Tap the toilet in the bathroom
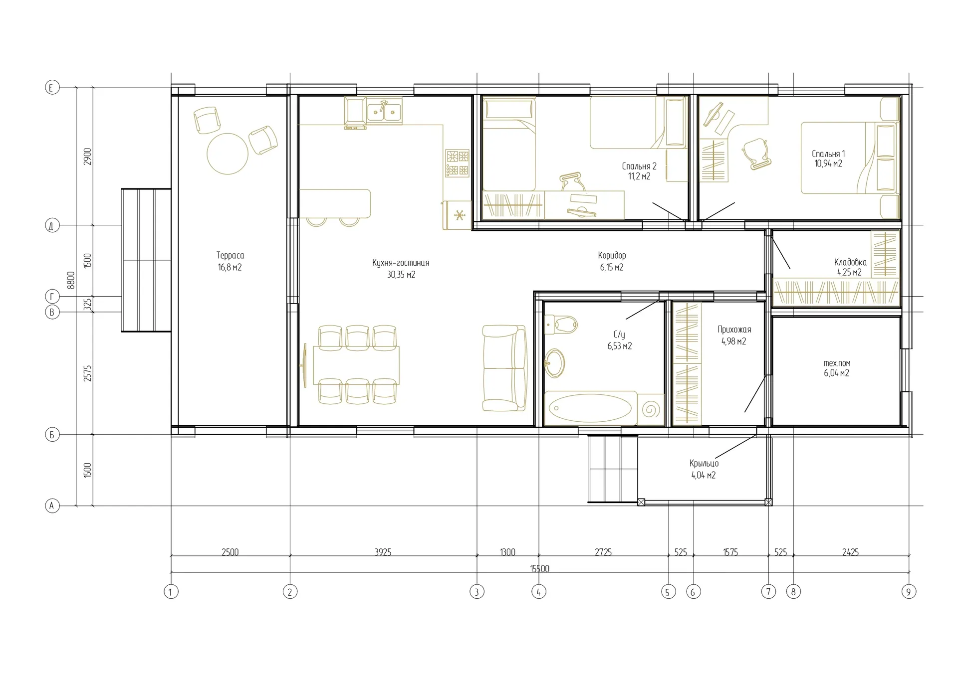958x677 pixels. click(x=561, y=325)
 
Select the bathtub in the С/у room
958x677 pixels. click(x=590, y=408)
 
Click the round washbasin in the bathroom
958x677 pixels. click(x=554, y=363)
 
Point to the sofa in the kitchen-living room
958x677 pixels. click(x=504, y=368)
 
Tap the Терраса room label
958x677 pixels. click(x=230, y=255)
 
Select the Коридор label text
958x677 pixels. click(x=612, y=255)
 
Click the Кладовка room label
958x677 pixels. click(x=850, y=262)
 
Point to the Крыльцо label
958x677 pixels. click(x=704, y=463)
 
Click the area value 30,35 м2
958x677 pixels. click(x=401, y=274)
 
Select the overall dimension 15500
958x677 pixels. click(x=539, y=569)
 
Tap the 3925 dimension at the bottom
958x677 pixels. click(x=383, y=552)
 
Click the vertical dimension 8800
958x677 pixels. click(x=71, y=280)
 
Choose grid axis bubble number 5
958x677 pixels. click(x=668, y=592)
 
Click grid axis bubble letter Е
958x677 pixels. click(x=52, y=88)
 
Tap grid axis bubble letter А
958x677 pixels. click(x=52, y=506)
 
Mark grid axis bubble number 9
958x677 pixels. click(x=909, y=592)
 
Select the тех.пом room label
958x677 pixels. click(x=837, y=363)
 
